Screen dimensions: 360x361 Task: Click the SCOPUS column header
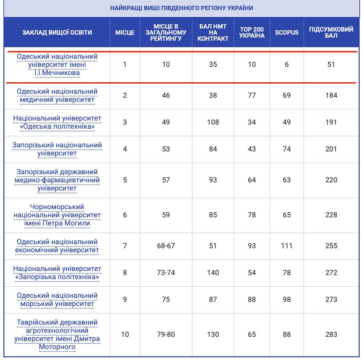tap(287, 33)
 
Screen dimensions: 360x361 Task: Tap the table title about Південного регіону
tap(182, 8)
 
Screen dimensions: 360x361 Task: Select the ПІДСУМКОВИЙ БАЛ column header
tap(331, 33)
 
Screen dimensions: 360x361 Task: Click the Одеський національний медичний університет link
tap(57, 96)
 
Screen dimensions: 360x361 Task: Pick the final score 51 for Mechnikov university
tap(331, 65)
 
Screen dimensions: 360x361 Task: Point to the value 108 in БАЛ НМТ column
tap(213, 122)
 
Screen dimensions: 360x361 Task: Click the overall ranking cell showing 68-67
tap(166, 246)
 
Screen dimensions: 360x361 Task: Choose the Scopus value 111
tap(287, 246)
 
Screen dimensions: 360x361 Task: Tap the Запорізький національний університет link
tap(57, 149)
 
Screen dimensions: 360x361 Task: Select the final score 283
tap(331, 335)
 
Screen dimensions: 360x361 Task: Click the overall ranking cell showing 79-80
tap(166, 335)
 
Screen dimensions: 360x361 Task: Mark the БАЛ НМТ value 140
tap(213, 273)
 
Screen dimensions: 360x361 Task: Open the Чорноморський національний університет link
tap(57, 215)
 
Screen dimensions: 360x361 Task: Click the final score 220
tap(331, 180)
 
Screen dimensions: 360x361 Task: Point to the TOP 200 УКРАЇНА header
tap(252, 33)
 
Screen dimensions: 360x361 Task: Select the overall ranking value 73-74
tap(166, 273)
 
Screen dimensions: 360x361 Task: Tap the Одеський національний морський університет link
tap(57, 300)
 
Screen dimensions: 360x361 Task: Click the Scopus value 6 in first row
tap(287, 65)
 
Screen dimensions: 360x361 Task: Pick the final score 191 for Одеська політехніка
tap(331, 122)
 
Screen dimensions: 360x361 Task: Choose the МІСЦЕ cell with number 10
tap(125, 335)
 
